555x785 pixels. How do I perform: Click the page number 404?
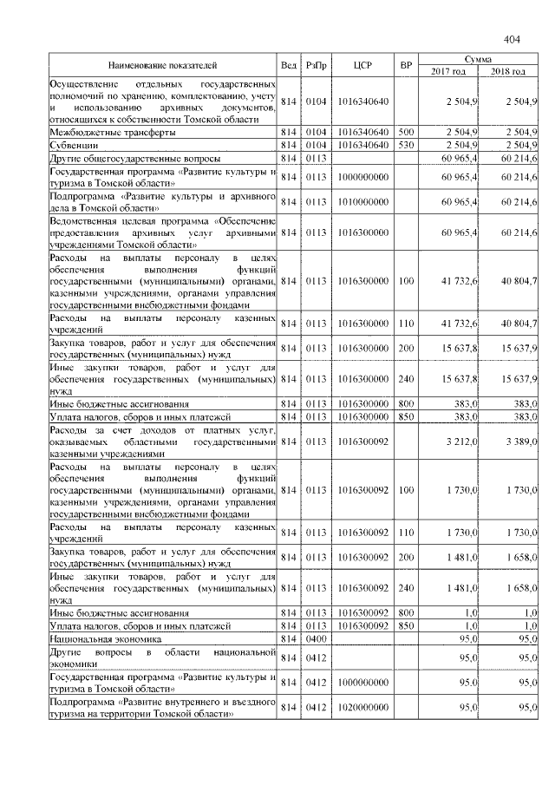(511, 39)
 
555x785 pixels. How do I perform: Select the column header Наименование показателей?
(162, 65)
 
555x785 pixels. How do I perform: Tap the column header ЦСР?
(363, 65)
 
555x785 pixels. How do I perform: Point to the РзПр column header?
(315, 65)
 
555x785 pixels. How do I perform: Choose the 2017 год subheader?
(448, 71)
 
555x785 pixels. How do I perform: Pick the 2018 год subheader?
(509, 71)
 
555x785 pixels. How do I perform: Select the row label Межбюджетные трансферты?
(113, 133)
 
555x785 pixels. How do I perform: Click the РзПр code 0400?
(315, 638)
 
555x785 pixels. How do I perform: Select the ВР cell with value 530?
(404, 146)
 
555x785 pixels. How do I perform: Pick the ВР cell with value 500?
(404, 133)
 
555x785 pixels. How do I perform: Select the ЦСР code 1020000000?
(363, 708)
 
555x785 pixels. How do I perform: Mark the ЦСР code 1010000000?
(363, 201)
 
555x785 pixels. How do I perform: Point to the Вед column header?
(289, 65)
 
